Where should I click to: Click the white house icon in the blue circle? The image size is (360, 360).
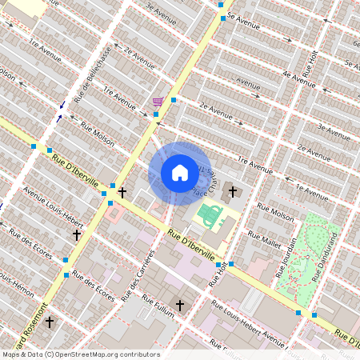click(179, 173)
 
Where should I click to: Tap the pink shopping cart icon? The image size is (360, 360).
click(158, 102)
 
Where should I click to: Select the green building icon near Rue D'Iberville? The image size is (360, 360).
click(210, 215)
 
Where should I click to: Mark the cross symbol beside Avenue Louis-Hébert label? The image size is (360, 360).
click(77, 235)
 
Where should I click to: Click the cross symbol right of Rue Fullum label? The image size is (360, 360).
click(180, 306)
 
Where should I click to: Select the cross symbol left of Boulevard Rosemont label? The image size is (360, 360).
click(50, 322)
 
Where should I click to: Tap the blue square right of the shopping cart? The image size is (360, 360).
click(173, 99)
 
